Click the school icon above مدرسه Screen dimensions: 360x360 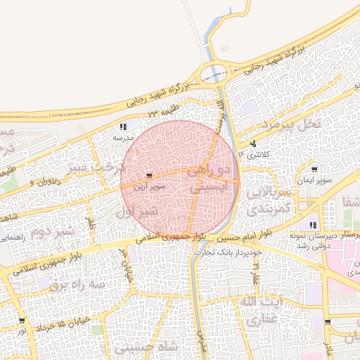pyautogui.click(x=123, y=127)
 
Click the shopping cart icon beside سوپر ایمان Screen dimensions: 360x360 pyautogui.click(x=314, y=169)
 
